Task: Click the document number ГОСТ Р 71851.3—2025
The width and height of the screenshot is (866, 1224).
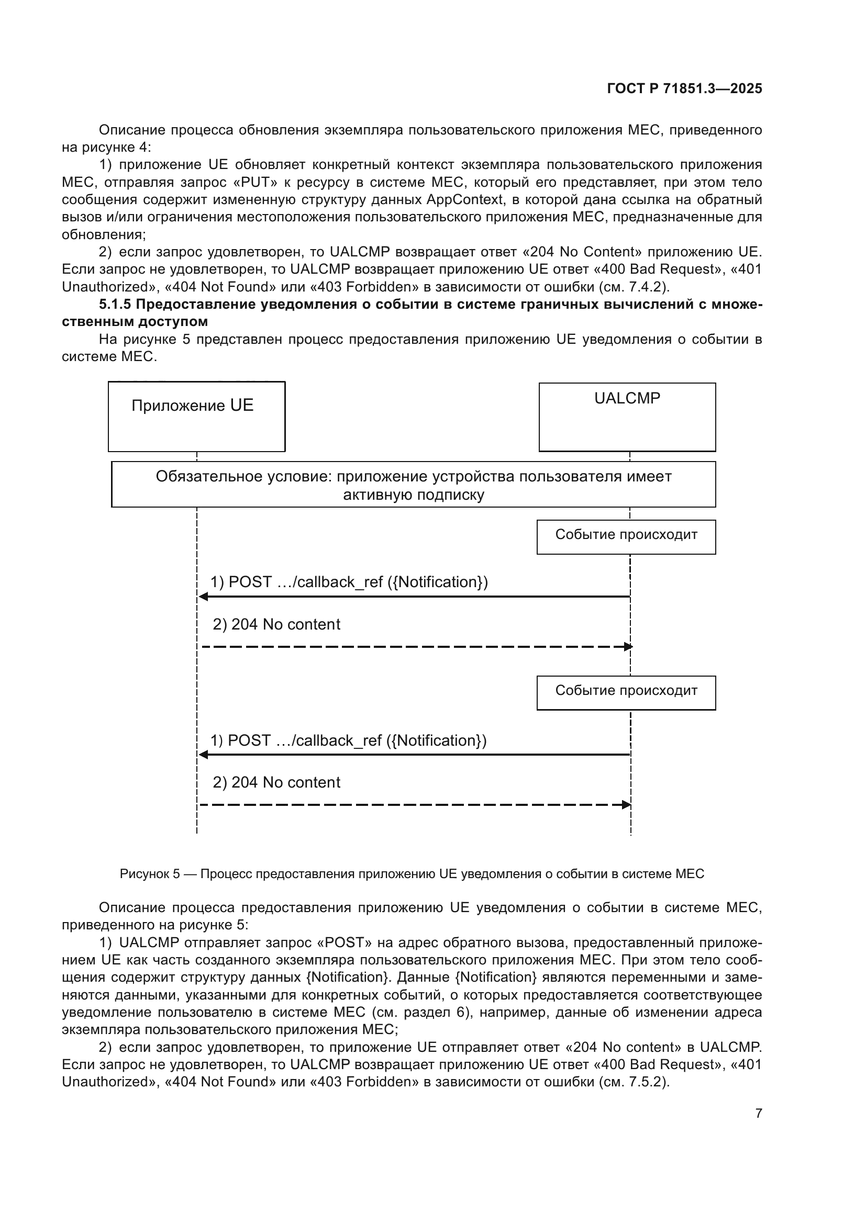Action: coord(684,88)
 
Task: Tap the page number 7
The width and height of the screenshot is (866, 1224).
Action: coord(758,1113)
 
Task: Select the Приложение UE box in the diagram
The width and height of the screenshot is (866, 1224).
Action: coord(196,417)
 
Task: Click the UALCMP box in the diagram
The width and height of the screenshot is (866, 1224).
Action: coord(627,417)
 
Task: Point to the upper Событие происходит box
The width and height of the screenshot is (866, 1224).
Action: coord(626,537)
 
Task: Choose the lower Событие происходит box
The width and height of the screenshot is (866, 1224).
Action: coord(626,692)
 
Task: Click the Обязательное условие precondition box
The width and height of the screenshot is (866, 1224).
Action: coord(413,484)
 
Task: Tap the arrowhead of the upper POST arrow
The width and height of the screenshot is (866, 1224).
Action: coord(203,597)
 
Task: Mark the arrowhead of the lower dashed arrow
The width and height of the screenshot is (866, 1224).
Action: coord(627,804)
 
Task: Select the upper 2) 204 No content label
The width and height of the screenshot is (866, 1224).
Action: coord(276,624)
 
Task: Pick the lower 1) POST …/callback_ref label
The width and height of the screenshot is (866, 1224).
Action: coord(348,740)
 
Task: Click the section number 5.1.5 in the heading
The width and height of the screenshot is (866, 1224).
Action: coord(115,305)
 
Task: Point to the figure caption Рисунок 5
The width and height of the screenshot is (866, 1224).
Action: coord(412,874)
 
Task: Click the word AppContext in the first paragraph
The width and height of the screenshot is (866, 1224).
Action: coord(464,200)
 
